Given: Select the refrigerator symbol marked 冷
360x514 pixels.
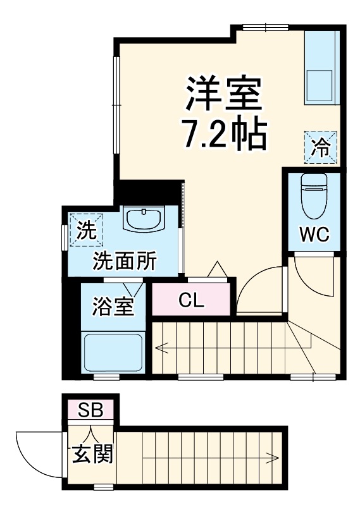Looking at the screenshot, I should [321, 148].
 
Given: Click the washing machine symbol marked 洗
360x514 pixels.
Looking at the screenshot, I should [84, 230].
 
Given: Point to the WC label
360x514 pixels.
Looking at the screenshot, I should [314, 234].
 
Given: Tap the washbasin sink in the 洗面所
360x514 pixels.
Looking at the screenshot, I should [146, 221].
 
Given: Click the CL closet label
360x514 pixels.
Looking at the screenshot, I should [190, 300].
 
